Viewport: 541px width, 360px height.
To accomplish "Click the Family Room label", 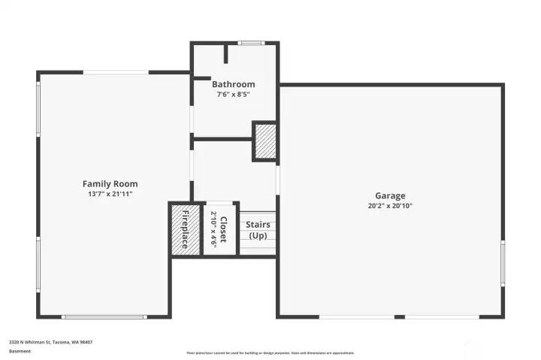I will point(110,184).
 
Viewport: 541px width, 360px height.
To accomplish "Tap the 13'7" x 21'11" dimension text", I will point(110,194).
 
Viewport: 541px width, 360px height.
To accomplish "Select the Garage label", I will point(390,195).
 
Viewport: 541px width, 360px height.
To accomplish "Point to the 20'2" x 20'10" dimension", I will point(390,205).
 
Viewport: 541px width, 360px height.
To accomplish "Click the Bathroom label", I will point(233,84).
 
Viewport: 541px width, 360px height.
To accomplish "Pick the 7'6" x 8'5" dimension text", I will point(233,95).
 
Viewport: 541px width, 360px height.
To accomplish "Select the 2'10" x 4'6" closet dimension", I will point(213,229).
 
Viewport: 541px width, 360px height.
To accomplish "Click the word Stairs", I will point(258,224).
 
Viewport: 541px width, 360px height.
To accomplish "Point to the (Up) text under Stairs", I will point(258,235).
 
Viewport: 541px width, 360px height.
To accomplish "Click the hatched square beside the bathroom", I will point(265,141).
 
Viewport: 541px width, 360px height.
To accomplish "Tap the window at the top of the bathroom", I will point(250,43).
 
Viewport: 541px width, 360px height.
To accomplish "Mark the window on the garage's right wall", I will point(503,263).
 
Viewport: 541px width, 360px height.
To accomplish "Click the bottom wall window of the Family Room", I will point(103,316).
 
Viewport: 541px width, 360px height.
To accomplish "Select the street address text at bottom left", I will point(50,342).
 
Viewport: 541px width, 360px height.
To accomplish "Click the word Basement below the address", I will point(20,351).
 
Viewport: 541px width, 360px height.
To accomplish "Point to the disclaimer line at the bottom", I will point(270,352).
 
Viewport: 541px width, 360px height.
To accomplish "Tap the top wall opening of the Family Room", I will point(115,72).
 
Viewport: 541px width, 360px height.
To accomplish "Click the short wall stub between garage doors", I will point(400,316).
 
